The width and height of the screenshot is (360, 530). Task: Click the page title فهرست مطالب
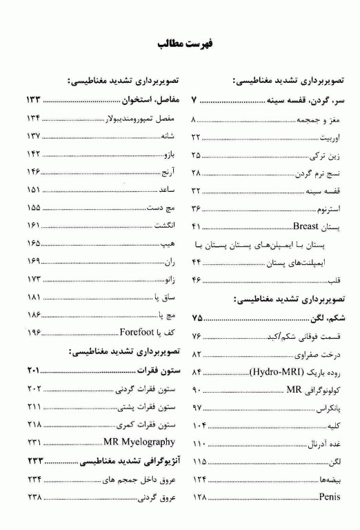pyautogui.click(x=180, y=44)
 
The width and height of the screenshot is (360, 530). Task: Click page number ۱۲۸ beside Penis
pyautogui.click(x=200, y=498)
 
